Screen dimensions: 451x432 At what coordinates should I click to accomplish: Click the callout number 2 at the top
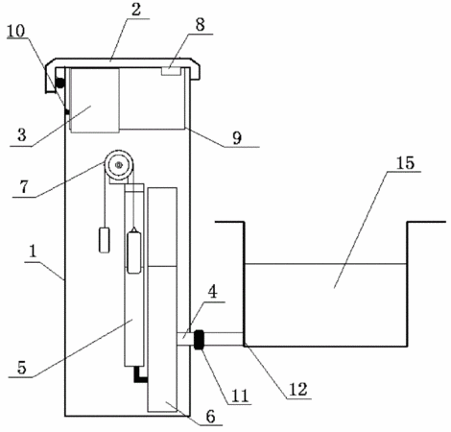pyautogui.click(x=136, y=10)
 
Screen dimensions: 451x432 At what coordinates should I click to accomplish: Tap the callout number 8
pyautogui.click(x=200, y=25)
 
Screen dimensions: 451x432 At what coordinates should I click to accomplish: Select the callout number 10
pyautogui.click(x=15, y=31)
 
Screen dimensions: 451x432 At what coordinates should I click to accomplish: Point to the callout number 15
pyautogui.click(x=405, y=162)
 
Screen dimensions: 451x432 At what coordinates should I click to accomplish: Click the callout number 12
pyautogui.click(x=298, y=389)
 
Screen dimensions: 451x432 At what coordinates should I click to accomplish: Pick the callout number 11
pyautogui.click(x=240, y=396)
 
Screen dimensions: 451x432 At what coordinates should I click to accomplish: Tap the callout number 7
pyautogui.click(x=24, y=187)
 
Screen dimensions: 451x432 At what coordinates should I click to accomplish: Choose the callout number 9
pyautogui.click(x=237, y=138)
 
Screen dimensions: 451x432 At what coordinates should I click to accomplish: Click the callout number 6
pyautogui.click(x=210, y=417)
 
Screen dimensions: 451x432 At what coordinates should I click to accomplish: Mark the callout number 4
pyautogui.click(x=213, y=292)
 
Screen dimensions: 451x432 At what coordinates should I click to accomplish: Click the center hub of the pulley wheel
pyautogui.click(x=119, y=165)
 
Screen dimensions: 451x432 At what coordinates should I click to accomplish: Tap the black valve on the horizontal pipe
pyautogui.click(x=200, y=340)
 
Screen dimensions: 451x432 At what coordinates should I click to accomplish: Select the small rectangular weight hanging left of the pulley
pyautogui.click(x=105, y=240)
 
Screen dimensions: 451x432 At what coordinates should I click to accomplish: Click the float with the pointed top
pyautogui.click(x=134, y=250)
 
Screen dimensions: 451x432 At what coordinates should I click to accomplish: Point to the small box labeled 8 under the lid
pyautogui.click(x=171, y=71)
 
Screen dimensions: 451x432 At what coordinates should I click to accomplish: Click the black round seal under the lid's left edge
pyautogui.click(x=59, y=84)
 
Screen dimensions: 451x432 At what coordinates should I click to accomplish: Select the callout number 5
pyautogui.click(x=21, y=368)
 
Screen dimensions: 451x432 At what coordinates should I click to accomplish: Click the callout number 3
pyautogui.click(x=21, y=135)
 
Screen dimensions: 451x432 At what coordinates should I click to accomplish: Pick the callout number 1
pyautogui.click(x=33, y=252)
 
